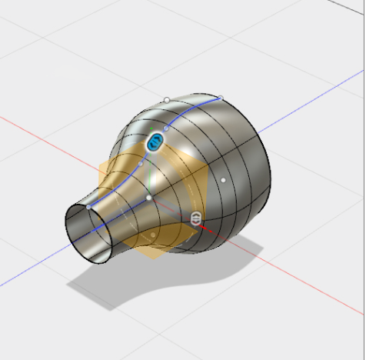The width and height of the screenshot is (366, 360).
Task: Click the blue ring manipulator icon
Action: pyautogui.click(x=156, y=142)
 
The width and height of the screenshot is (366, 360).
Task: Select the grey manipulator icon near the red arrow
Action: pyautogui.click(x=197, y=218)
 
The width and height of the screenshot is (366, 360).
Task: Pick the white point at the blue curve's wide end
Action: pyautogui.click(x=220, y=98)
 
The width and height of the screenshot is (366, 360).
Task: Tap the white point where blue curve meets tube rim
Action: pyautogui.click(x=88, y=206)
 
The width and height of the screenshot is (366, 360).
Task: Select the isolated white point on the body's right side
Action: pyautogui.click(x=223, y=180)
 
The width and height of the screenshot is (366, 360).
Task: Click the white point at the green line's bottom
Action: pyautogui.click(x=149, y=198)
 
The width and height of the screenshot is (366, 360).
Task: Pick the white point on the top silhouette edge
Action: pyautogui.click(x=167, y=100)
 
